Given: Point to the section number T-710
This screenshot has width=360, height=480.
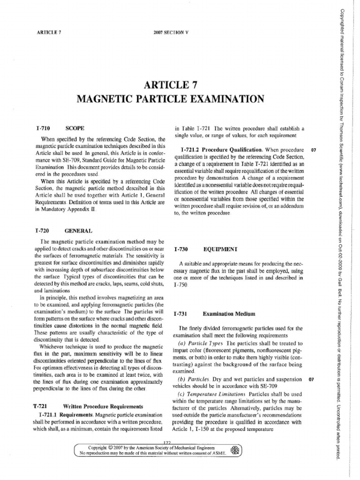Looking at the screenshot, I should point(43,127).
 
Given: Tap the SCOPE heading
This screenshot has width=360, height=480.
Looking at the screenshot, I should point(75,127).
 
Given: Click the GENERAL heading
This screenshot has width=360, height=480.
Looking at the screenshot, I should point(78,231).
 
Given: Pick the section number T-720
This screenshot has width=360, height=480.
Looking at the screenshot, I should point(43,231).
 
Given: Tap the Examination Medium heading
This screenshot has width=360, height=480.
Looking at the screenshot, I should point(229,313).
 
